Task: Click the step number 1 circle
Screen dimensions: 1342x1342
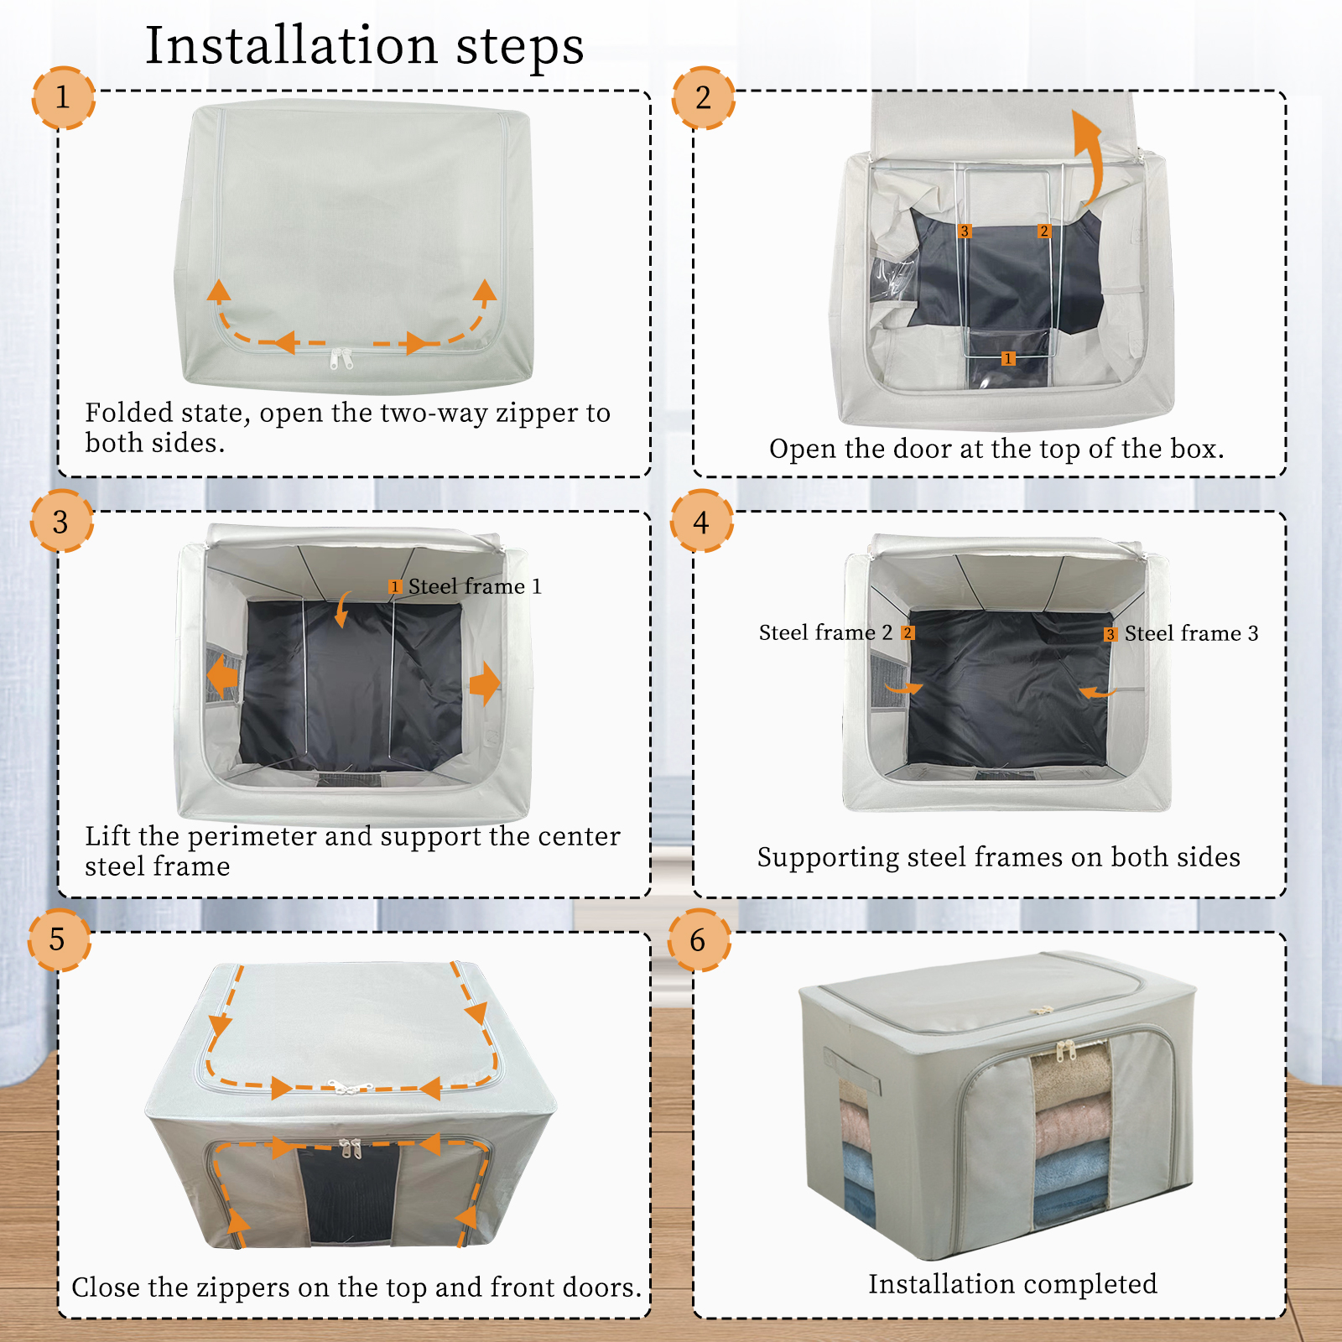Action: click(63, 98)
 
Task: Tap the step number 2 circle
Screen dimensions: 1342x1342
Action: click(704, 98)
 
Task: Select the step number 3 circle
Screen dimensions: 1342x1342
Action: click(61, 522)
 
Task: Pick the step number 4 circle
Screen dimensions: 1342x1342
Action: click(702, 522)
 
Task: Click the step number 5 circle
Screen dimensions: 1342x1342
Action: click(58, 939)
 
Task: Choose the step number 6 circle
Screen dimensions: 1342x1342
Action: click(699, 940)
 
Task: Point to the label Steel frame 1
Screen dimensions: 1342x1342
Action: click(475, 586)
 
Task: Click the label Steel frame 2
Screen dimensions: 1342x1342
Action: click(825, 632)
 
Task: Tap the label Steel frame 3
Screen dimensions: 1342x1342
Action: click(1191, 633)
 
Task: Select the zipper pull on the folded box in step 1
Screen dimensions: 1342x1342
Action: click(341, 359)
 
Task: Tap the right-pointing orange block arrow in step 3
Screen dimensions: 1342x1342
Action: click(485, 684)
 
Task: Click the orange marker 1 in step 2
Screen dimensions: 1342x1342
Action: click(1008, 359)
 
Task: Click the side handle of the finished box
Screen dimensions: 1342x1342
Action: click(850, 1070)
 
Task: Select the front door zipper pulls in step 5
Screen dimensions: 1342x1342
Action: click(350, 1147)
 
